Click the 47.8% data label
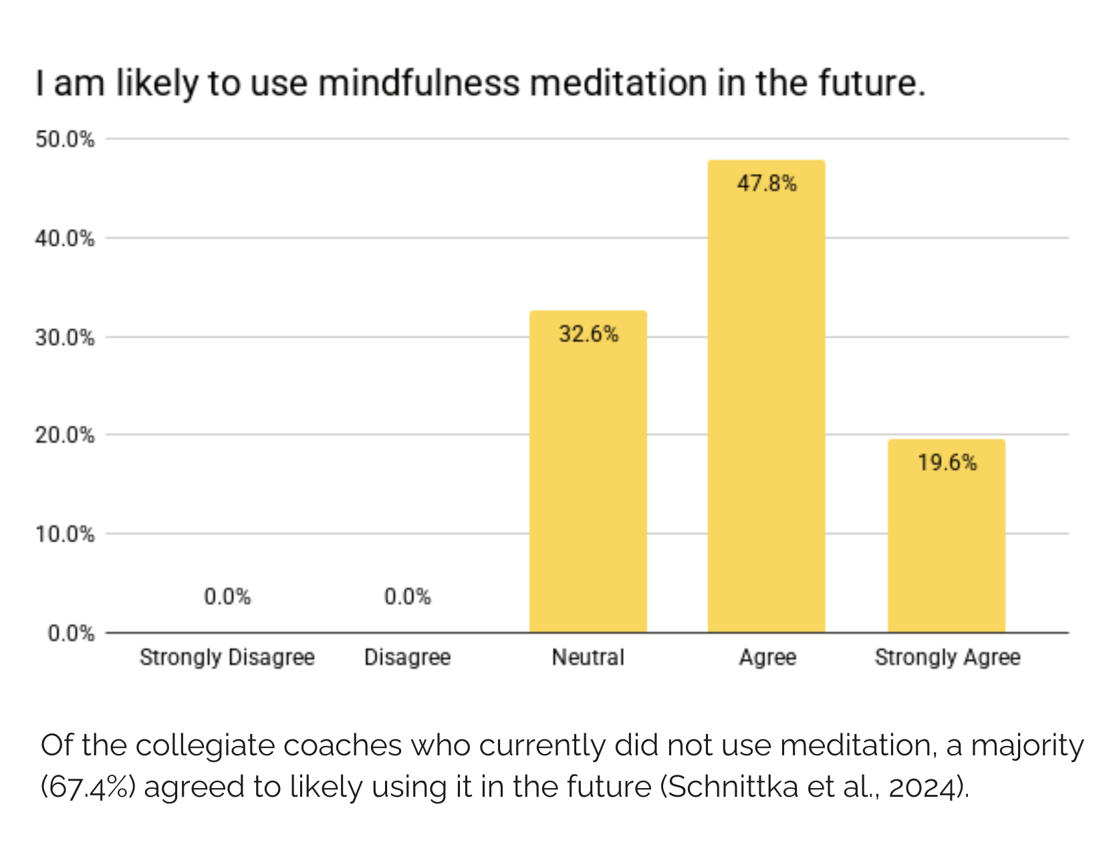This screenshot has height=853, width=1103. [767, 183]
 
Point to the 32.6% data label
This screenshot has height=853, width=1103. [588, 333]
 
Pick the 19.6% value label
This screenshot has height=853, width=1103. [947, 462]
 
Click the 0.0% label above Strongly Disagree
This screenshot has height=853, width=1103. [227, 596]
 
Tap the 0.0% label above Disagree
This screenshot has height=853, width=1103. [407, 596]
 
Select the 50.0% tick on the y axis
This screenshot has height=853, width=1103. [65, 139]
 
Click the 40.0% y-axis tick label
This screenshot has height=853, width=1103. [65, 238]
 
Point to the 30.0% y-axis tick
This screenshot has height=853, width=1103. [65, 337]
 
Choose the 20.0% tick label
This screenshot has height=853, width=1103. [65, 436]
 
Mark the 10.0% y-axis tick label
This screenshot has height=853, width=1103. [65, 535]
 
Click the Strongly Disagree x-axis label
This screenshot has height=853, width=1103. [227, 658]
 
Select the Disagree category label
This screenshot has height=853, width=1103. [407, 658]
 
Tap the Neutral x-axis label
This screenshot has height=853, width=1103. [588, 658]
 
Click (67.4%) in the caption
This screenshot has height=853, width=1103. [88, 787]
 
